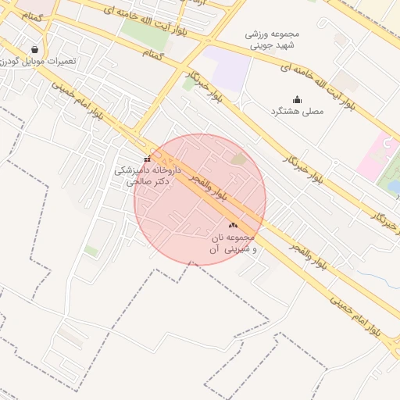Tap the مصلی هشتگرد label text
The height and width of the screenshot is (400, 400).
click(297, 112)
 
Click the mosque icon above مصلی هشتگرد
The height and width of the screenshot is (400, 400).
click(297, 99)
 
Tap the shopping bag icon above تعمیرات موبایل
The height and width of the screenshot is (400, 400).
click(34, 48)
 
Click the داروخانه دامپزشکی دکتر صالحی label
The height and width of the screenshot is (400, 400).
click(148, 175)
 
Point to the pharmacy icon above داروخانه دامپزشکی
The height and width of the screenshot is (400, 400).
click(147, 159)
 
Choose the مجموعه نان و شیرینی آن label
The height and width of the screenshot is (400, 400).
click(233, 242)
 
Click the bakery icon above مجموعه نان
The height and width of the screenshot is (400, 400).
click(233, 225)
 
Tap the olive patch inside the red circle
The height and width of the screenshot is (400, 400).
click(238, 159)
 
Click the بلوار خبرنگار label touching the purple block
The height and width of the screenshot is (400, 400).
click(202, 86)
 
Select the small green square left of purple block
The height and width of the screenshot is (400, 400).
click(187, 84)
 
